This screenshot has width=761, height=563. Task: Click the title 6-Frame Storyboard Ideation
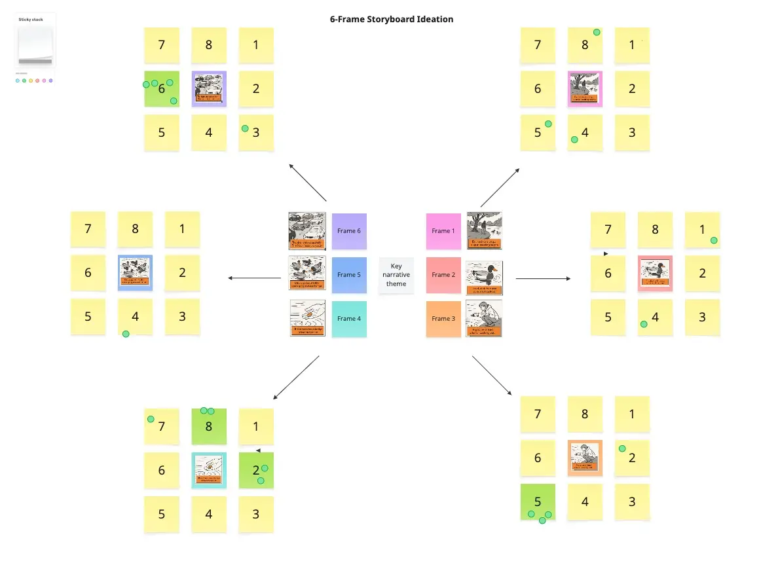[x=391, y=20]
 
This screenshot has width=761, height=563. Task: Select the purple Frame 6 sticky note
[x=349, y=231]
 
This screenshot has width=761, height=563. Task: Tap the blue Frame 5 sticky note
[x=349, y=275]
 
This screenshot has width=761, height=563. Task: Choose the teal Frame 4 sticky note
[x=349, y=319]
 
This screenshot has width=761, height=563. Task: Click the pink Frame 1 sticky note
[x=443, y=231]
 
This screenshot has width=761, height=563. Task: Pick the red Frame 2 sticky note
[x=443, y=275]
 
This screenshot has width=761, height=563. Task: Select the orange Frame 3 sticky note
[x=443, y=319]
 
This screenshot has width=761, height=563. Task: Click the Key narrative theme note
[x=396, y=275]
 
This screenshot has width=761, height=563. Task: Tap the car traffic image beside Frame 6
[x=307, y=230]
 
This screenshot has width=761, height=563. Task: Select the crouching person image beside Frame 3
[x=484, y=318]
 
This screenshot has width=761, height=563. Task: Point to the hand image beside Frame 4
[x=307, y=318]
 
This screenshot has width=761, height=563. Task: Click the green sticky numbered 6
[x=162, y=89]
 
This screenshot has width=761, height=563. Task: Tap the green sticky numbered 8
[x=209, y=426]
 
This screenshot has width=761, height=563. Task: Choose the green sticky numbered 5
[x=538, y=501]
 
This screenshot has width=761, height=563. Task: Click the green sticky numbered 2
[x=256, y=470]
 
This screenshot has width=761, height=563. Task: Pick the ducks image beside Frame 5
[x=307, y=274]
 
